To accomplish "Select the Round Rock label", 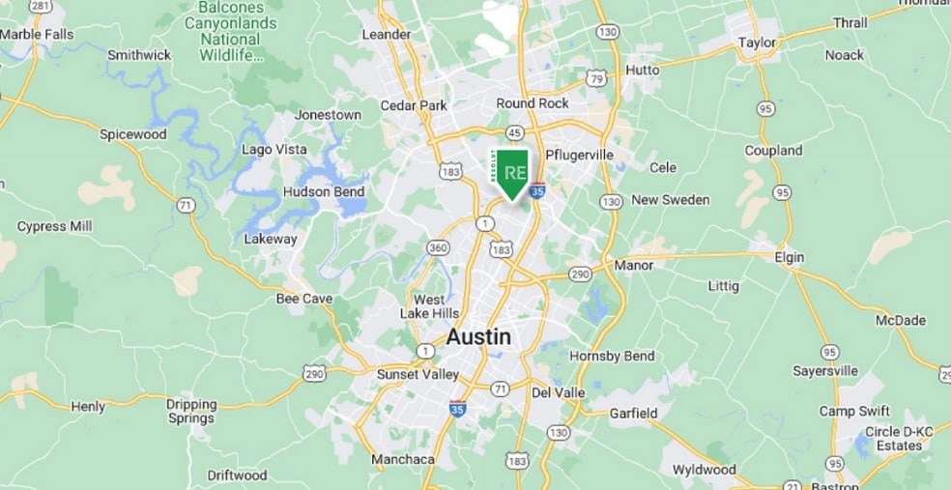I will pyautogui.click(x=533, y=103).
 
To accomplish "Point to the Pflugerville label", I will pyautogui.click(x=580, y=155).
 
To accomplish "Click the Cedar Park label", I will pyautogui.click(x=414, y=105).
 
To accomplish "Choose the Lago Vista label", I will pyautogui.click(x=275, y=149).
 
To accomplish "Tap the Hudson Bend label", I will pyautogui.click(x=324, y=191).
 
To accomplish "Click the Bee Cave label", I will pyautogui.click(x=304, y=299).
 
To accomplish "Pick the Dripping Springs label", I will pyautogui.click(x=191, y=411).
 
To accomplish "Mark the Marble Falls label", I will pyautogui.click(x=37, y=34).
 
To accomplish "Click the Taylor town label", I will pyautogui.click(x=757, y=43).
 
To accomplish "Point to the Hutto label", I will pyautogui.click(x=643, y=70).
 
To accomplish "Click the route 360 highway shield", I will pyautogui.click(x=439, y=248).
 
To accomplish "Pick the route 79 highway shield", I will pyautogui.click(x=597, y=77).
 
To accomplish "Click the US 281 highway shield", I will pyautogui.click(x=40, y=6).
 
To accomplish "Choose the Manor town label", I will pyautogui.click(x=634, y=265).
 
